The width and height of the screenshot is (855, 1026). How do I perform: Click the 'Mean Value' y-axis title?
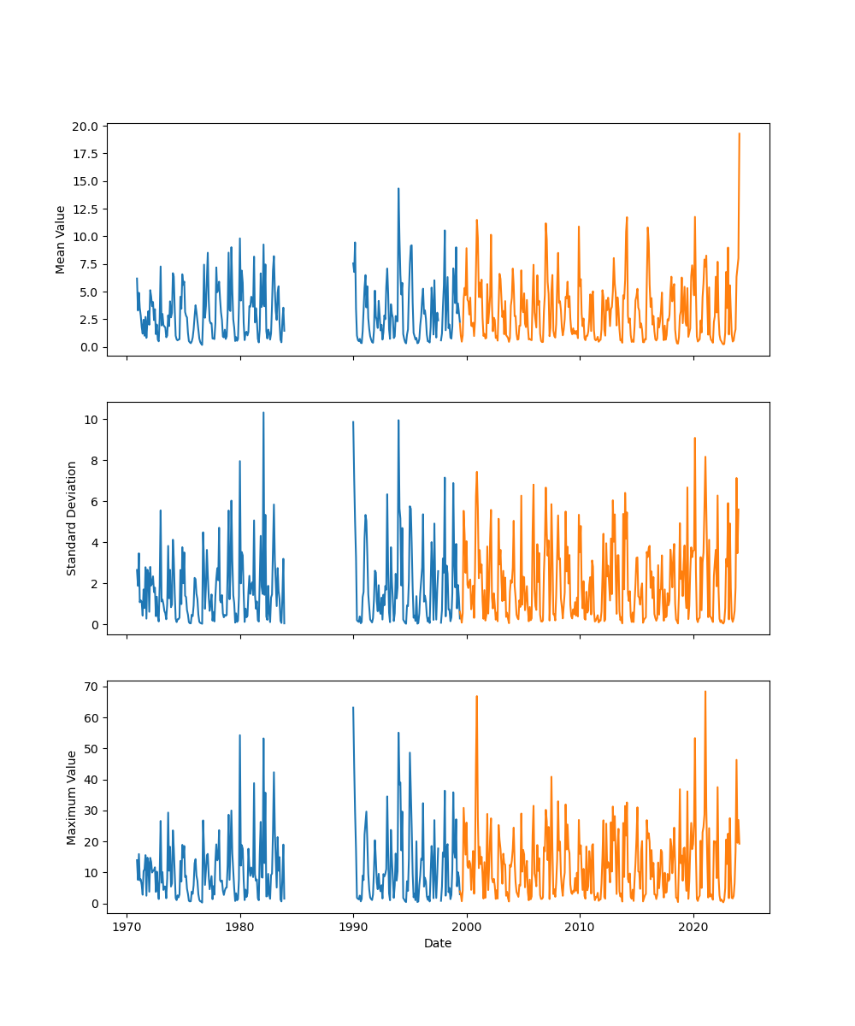[61, 239]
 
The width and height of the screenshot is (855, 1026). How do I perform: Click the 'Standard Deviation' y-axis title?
[72, 518]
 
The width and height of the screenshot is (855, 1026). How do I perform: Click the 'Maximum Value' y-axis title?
[72, 798]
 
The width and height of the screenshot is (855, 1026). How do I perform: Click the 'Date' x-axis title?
[438, 943]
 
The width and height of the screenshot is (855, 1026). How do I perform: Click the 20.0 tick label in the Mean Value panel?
[85, 127]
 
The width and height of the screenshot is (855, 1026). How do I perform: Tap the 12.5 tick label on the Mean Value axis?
[85, 209]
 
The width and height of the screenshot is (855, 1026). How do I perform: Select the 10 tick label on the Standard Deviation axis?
[91, 420]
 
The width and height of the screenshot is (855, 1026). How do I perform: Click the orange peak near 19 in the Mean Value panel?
[739, 133]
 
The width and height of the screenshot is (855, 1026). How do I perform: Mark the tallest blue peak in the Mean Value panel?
[398, 189]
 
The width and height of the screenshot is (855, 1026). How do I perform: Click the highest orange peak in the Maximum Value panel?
[705, 692]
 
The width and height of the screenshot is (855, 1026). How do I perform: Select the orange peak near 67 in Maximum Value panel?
[476, 696]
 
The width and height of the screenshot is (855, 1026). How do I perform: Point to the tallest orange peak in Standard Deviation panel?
[694, 438]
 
